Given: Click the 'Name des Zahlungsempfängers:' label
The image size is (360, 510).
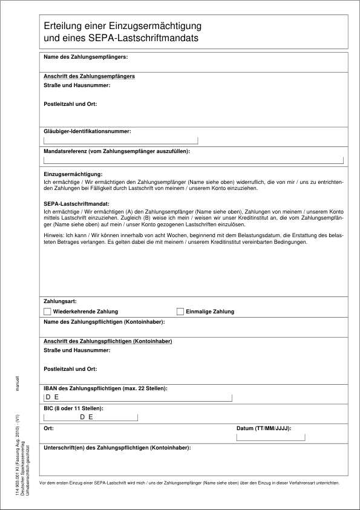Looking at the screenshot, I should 85,57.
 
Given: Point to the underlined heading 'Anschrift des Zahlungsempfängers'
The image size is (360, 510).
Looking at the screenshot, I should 89,77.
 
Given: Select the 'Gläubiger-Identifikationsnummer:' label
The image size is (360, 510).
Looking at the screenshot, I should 87,131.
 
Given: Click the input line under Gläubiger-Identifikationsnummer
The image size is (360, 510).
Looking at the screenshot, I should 120,141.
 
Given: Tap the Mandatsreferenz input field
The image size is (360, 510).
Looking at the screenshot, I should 193,160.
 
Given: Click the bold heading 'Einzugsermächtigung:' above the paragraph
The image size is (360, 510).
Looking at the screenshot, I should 73,174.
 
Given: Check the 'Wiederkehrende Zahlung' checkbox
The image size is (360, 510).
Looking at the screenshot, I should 47,312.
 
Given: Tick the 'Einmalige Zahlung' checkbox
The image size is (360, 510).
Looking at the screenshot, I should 180,312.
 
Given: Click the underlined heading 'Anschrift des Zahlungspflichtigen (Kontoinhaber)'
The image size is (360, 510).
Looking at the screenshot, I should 108,341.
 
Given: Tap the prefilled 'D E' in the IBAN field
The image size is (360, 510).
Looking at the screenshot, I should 52,397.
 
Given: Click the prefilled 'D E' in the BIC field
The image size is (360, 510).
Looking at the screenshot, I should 86,417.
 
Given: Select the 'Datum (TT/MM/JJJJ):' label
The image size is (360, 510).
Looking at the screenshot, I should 263,428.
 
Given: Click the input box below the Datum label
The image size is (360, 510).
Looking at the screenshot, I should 270,437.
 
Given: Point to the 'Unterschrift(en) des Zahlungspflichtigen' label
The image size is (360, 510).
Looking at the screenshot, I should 117,448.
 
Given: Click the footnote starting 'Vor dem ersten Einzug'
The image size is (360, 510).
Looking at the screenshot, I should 189,483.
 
